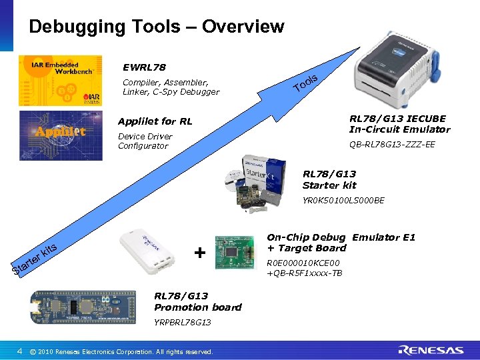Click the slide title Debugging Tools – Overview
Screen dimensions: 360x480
pos(157,27)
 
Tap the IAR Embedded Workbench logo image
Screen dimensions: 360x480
pos(61,80)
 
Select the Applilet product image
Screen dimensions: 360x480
pos(61,131)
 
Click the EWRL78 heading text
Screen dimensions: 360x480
pos(144,67)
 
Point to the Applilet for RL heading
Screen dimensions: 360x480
pos(155,121)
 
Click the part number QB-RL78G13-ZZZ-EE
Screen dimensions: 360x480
pos(392,144)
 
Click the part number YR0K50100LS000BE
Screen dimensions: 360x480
pos(343,200)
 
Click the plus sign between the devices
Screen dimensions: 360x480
pos(199,253)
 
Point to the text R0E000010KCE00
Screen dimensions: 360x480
pos(303,263)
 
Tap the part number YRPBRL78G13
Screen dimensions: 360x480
pos(182,322)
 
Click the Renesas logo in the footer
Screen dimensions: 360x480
pos(431,350)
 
